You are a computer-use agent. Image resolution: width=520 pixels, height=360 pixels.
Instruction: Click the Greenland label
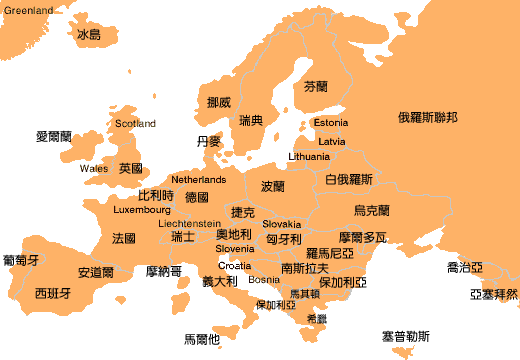tap(28, 10)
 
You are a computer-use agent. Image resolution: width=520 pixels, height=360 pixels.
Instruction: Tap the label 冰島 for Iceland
tap(89, 35)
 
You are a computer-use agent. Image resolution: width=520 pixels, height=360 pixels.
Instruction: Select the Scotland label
tap(135, 124)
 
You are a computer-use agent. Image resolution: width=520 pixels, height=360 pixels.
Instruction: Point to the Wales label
tap(94, 168)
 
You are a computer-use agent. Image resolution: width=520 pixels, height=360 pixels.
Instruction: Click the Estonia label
tap(331, 123)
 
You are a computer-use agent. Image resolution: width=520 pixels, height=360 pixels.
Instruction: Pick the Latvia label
tap(332, 141)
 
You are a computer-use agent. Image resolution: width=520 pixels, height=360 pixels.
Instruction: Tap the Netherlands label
tap(199, 180)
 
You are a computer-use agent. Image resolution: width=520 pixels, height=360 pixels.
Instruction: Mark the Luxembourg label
tap(143, 211)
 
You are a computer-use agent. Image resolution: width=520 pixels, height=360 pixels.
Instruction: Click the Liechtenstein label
tap(190, 223)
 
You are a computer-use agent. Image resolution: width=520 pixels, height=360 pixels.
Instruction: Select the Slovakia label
tap(282, 225)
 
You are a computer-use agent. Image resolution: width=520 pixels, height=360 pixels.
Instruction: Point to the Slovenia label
tap(235, 249)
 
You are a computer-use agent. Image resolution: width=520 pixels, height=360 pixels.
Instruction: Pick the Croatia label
tap(235, 266)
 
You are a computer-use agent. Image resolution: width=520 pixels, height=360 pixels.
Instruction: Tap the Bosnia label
tap(264, 280)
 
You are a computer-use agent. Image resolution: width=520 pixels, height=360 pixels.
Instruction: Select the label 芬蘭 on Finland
tap(315, 87)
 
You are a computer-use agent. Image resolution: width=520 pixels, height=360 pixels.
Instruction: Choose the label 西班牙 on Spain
tap(53, 294)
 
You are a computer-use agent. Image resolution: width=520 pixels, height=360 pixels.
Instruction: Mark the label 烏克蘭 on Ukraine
tap(372, 211)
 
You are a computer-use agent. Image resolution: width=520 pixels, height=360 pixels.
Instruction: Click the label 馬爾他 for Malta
tap(202, 339)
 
